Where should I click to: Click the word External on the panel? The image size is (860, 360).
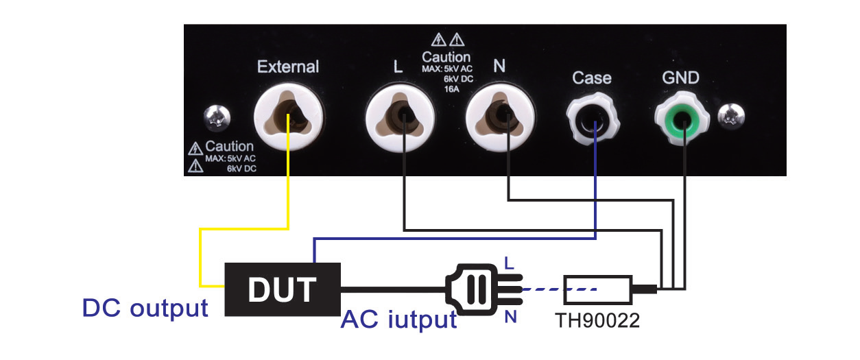pyautogui.click(x=287, y=67)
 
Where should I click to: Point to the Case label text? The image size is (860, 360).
pyautogui.click(x=591, y=77)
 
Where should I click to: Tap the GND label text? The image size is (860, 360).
pyautogui.click(x=681, y=77)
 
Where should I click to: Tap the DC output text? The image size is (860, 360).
pyautogui.click(x=145, y=308)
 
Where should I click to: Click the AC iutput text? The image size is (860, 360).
pyautogui.click(x=398, y=319)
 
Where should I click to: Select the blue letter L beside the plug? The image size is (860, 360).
pyautogui.click(x=508, y=263)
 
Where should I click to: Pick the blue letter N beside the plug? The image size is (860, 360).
pyautogui.click(x=510, y=317)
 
